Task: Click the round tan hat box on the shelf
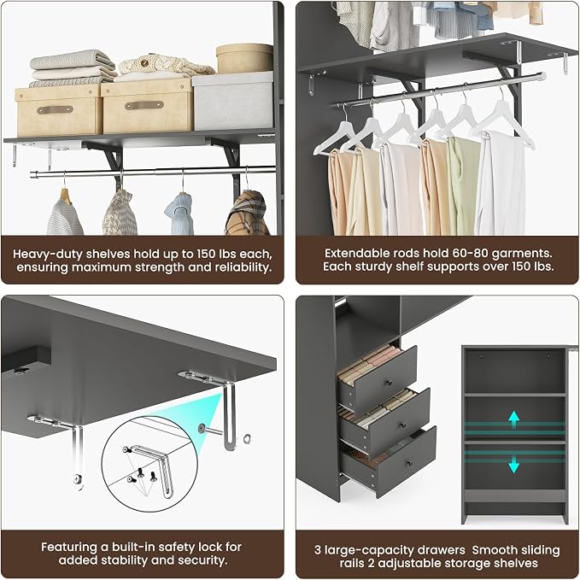[x=244, y=58]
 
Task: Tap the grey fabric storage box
[x=233, y=101]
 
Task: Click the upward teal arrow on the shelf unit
[x=513, y=419]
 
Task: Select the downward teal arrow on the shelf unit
[x=513, y=464]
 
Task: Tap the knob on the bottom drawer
[x=409, y=464]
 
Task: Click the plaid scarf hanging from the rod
[x=248, y=213]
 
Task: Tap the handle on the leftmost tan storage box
[x=55, y=110]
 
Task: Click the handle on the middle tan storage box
[x=144, y=105]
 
